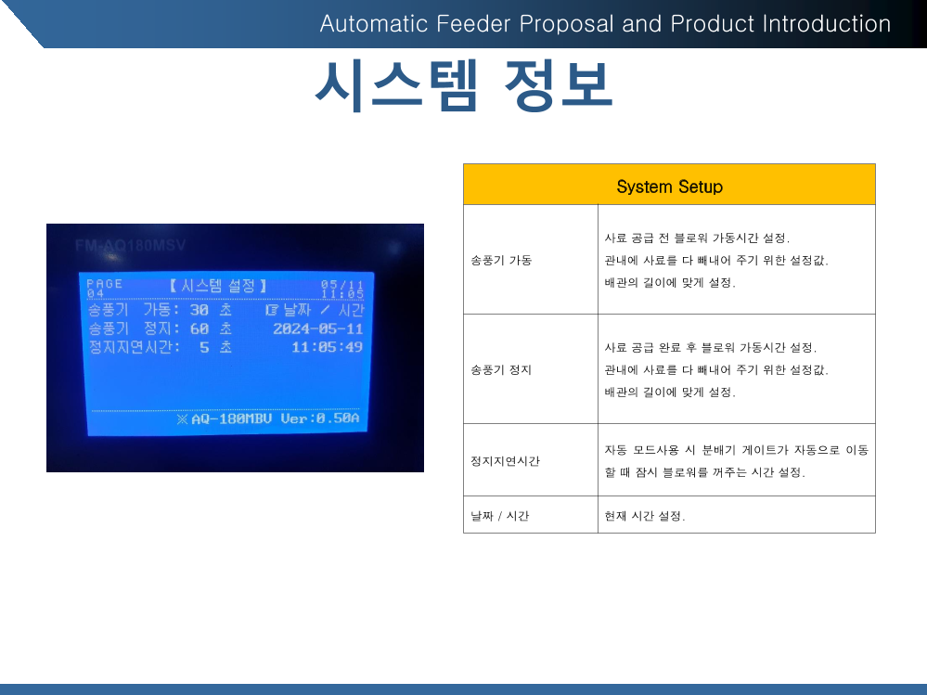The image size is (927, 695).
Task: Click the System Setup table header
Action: pyautogui.click(x=669, y=187)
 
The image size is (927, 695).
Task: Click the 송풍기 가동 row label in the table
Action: pyautogui.click(x=501, y=260)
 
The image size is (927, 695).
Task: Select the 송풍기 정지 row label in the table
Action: pyautogui.click(x=501, y=370)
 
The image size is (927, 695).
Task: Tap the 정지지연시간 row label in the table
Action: pyautogui.click(x=505, y=461)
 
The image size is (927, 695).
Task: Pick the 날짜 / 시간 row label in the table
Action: pyautogui.click(x=499, y=516)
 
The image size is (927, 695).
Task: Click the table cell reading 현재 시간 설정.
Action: pyautogui.click(x=644, y=516)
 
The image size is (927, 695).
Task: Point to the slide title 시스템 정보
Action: pyautogui.click(x=464, y=85)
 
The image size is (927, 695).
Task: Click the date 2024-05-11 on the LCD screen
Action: pyautogui.click(x=318, y=328)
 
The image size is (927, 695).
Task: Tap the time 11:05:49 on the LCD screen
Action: pyautogui.click(x=327, y=347)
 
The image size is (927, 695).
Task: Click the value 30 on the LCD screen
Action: pyautogui.click(x=200, y=310)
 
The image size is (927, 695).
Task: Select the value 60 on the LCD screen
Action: pyautogui.click(x=200, y=328)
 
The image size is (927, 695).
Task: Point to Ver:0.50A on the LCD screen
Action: pyautogui.click(x=320, y=418)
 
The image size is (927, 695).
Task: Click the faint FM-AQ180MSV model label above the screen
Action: pyautogui.click(x=130, y=245)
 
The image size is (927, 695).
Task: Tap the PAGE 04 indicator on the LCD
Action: pyautogui.click(x=105, y=289)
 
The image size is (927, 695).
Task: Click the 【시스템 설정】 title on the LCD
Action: pyautogui.click(x=218, y=286)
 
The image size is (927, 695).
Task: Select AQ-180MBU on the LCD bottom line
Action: pyautogui.click(x=231, y=419)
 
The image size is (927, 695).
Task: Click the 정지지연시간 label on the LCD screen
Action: pyautogui.click(x=135, y=347)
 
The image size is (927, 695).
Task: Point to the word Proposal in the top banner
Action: pyautogui.click(x=566, y=23)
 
